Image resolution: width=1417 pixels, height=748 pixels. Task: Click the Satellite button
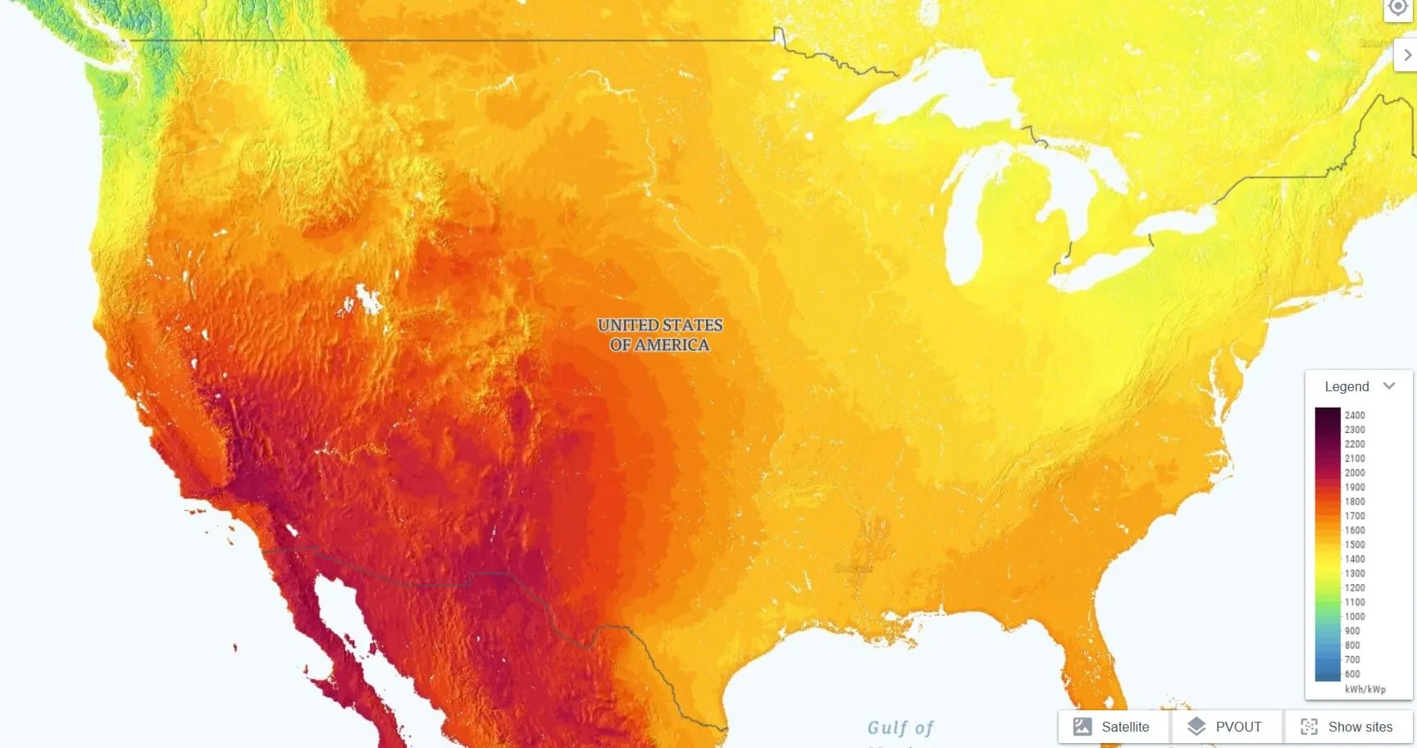1113,727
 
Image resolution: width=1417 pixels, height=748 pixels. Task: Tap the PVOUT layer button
1226,727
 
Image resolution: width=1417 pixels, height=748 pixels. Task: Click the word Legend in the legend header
1346,386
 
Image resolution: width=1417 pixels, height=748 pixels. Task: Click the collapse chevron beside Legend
1389,385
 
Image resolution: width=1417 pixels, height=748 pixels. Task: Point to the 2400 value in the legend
1355,415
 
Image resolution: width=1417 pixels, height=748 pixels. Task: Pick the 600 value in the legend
1352,674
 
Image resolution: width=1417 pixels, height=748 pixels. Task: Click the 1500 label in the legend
1355,545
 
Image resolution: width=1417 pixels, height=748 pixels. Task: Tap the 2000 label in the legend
1355,472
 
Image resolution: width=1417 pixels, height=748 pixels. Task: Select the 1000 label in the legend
1355,617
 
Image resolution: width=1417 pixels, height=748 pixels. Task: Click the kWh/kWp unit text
1365,689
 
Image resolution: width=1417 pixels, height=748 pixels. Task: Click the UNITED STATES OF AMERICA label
660,335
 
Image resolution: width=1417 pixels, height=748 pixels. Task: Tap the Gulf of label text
900,727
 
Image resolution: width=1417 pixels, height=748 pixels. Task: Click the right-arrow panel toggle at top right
1407,55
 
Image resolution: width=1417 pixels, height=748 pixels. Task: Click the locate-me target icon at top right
1398,7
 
